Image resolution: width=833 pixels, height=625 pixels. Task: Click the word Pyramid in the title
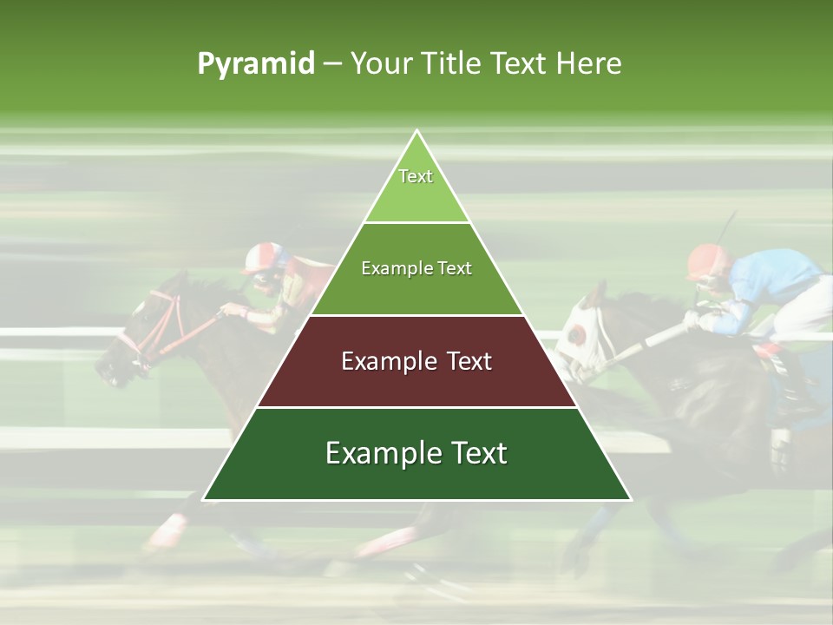pyautogui.click(x=256, y=64)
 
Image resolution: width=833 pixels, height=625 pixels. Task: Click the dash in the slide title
pyautogui.click(x=331, y=64)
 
